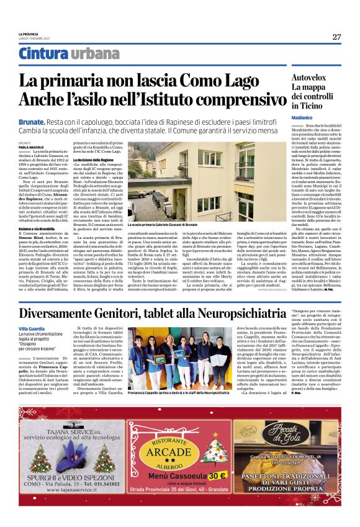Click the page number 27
pyautogui.click(x=336, y=37)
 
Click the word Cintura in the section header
pyautogui.click(x=43, y=54)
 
